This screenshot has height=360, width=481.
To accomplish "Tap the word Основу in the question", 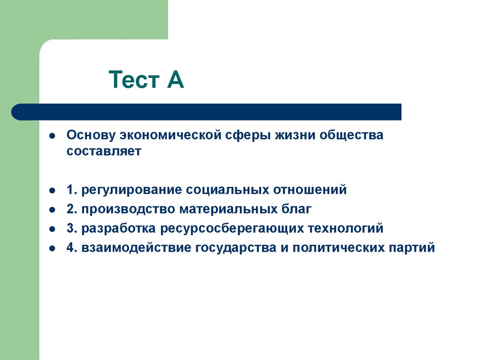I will pos(91,136).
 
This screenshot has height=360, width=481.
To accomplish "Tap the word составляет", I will pos(104,152).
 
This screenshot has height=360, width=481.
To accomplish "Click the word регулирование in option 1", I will pos(132,190).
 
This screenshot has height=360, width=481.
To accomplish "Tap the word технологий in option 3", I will pos(345,229).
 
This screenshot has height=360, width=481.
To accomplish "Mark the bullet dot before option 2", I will pos(54,209).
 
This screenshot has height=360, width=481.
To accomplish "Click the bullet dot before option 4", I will pos(54,248).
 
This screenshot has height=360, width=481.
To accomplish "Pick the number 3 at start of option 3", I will pos(70,229).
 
